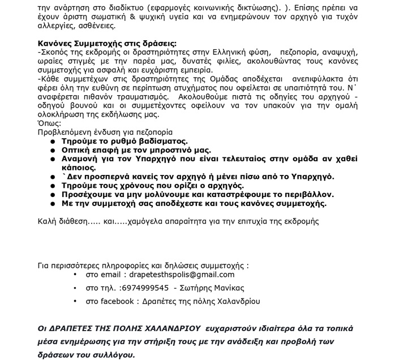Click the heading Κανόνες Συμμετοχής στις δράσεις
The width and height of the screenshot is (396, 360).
107,44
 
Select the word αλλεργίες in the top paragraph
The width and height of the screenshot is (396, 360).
55,26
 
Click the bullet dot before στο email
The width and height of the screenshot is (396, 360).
76,275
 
